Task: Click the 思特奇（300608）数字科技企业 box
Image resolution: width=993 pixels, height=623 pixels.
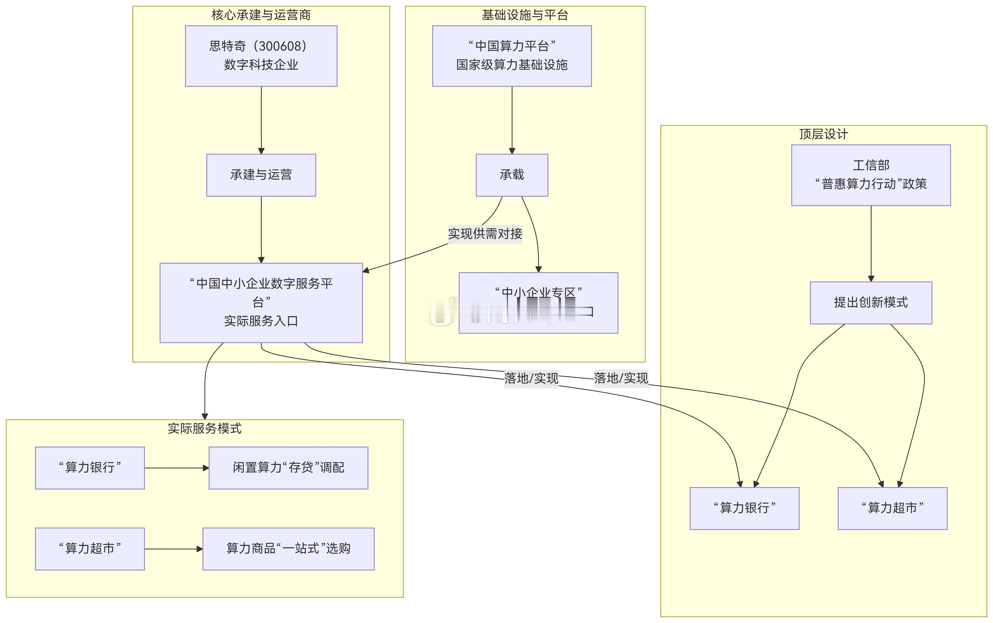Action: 261,56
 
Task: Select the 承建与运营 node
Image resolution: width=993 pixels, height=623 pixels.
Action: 261,175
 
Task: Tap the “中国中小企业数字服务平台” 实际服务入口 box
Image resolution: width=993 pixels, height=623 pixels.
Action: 261,303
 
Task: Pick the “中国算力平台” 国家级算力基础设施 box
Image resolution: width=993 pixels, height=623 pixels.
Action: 512,56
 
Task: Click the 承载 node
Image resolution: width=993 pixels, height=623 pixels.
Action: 512,175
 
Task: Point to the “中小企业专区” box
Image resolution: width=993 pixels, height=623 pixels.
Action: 538,303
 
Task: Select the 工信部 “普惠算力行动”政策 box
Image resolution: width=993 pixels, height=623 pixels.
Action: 871,175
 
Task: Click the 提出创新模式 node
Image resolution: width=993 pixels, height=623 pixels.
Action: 871,303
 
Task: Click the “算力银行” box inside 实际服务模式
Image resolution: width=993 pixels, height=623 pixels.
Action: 90,468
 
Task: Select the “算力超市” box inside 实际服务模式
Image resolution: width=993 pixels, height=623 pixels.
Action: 90,549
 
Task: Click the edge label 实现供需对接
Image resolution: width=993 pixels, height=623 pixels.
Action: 485,234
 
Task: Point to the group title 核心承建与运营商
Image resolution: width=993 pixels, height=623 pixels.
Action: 261,15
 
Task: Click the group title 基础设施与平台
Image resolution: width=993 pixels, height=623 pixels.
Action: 525,15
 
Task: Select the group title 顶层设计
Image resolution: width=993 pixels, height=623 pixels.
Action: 823,134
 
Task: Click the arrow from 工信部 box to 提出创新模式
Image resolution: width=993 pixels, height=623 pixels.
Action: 871,243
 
